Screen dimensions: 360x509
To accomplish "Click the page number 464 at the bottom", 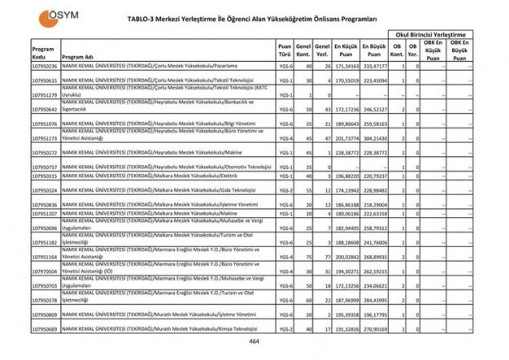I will tap(254, 341).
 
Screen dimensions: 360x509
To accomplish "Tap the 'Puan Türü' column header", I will tap(285, 52).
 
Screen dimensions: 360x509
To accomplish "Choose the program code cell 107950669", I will tap(45, 329).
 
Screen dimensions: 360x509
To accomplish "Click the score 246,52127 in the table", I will tap(374, 108).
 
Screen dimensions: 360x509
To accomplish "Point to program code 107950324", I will tap(45, 190).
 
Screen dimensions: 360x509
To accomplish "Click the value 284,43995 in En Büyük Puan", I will tap(374, 300).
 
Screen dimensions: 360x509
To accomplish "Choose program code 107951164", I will tap(45, 257).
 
